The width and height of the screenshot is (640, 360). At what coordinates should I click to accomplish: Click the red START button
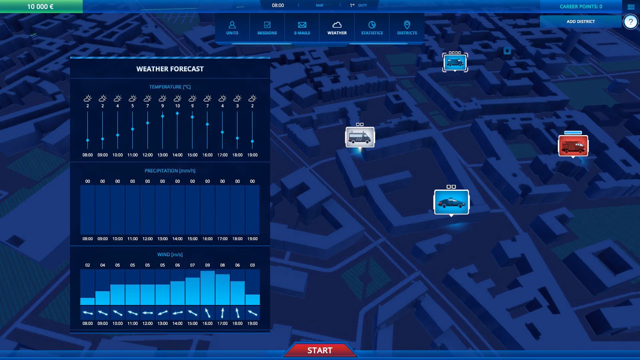point(320,350)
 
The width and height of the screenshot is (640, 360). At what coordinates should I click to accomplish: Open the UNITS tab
point(232,28)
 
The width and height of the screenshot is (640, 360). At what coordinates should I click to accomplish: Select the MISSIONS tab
point(267,28)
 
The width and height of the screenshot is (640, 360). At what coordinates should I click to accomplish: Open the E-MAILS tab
point(302,28)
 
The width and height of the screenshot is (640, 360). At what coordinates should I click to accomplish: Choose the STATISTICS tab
point(372,28)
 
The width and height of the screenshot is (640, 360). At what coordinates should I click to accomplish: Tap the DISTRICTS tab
point(407,28)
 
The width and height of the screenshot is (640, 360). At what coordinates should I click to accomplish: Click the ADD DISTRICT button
point(581,21)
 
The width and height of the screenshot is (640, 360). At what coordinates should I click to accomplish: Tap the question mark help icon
point(630,22)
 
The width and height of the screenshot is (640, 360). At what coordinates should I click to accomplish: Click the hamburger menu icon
point(631,7)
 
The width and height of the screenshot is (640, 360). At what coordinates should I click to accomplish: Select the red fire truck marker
point(573,146)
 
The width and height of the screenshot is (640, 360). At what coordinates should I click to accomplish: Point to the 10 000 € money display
point(40,7)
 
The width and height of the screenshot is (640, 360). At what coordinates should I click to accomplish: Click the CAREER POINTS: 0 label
point(581,7)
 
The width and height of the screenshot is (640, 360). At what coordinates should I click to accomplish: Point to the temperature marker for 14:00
point(177,114)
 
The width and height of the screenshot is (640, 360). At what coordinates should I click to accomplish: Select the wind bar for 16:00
point(207,288)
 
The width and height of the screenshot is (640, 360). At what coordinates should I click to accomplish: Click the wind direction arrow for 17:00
point(222,313)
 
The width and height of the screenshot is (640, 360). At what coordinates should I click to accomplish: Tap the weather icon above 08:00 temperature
point(88,98)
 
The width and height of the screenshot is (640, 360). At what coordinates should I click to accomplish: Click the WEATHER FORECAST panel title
point(170,69)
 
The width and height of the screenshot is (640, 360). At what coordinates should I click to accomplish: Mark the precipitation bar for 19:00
point(252,210)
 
